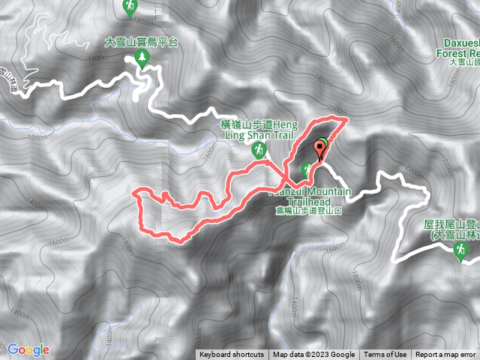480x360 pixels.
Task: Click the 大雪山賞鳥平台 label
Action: (x=141, y=43)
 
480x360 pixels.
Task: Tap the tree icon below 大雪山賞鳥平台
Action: (x=142, y=59)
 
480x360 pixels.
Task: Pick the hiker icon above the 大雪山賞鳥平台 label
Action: (x=130, y=8)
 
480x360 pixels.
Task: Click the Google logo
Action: (x=28, y=349)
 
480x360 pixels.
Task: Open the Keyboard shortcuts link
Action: (x=232, y=355)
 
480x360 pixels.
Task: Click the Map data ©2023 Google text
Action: (x=313, y=355)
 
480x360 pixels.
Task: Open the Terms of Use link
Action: (x=385, y=355)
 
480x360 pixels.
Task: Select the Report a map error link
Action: (x=445, y=355)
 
